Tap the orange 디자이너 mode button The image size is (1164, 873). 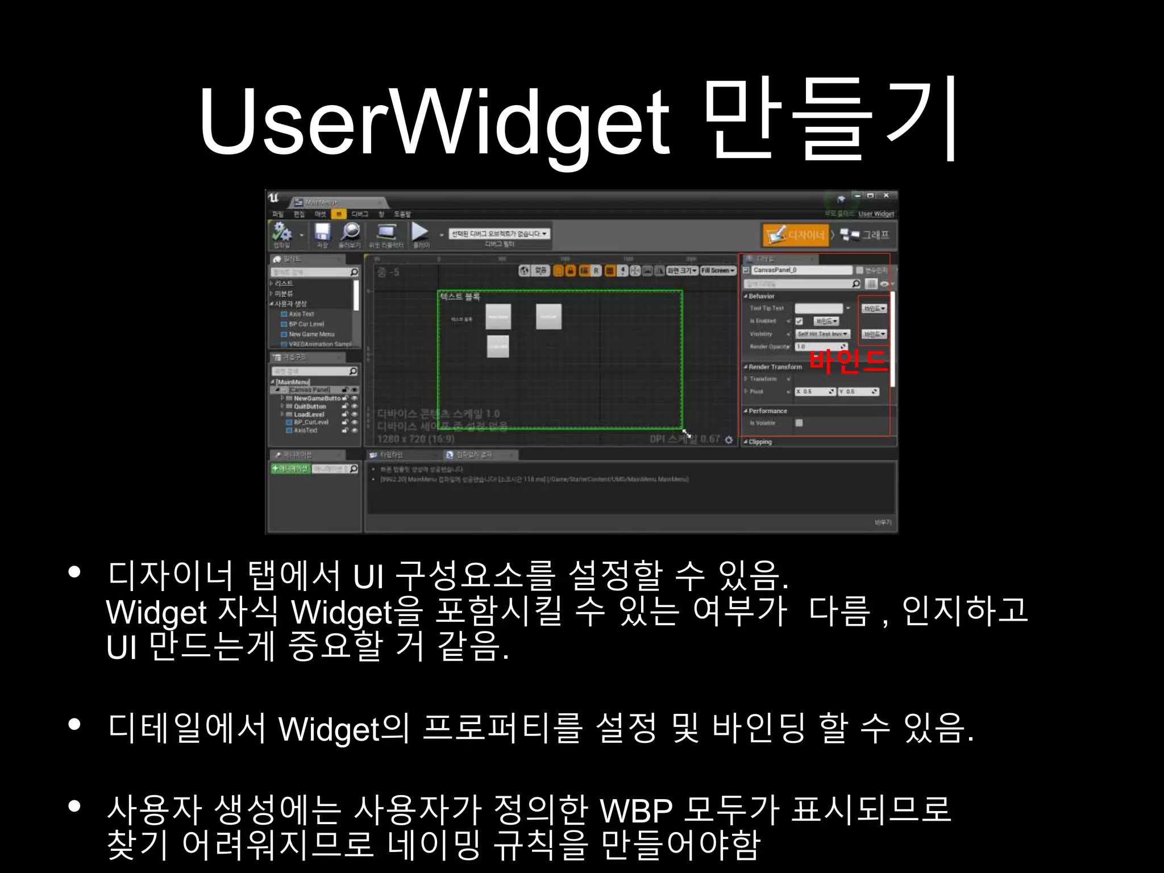(x=795, y=235)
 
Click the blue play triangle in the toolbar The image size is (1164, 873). (x=420, y=231)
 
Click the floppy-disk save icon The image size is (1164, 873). (x=322, y=232)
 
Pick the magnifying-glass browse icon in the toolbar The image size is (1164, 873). (x=350, y=232)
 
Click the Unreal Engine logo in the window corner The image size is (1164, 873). (x=274, y=198)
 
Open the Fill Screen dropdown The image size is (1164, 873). (x=718, y=271)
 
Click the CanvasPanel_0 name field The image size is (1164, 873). (x=801, y=270)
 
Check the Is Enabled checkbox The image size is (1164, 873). (x=799, y=321)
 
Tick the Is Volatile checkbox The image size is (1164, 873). (x=799, y=423)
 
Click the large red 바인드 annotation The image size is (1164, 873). (x=847, y=361)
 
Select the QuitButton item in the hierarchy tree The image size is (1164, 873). (x=310, y=406)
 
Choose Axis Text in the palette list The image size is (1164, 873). (x=301, y=314)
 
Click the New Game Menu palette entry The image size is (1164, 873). (x=311, y=334)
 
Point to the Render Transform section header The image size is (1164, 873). (x=775, y=367)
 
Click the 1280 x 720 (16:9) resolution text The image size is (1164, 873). (x=415, y=439)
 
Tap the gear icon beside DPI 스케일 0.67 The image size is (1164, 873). (x=729, y=440)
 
